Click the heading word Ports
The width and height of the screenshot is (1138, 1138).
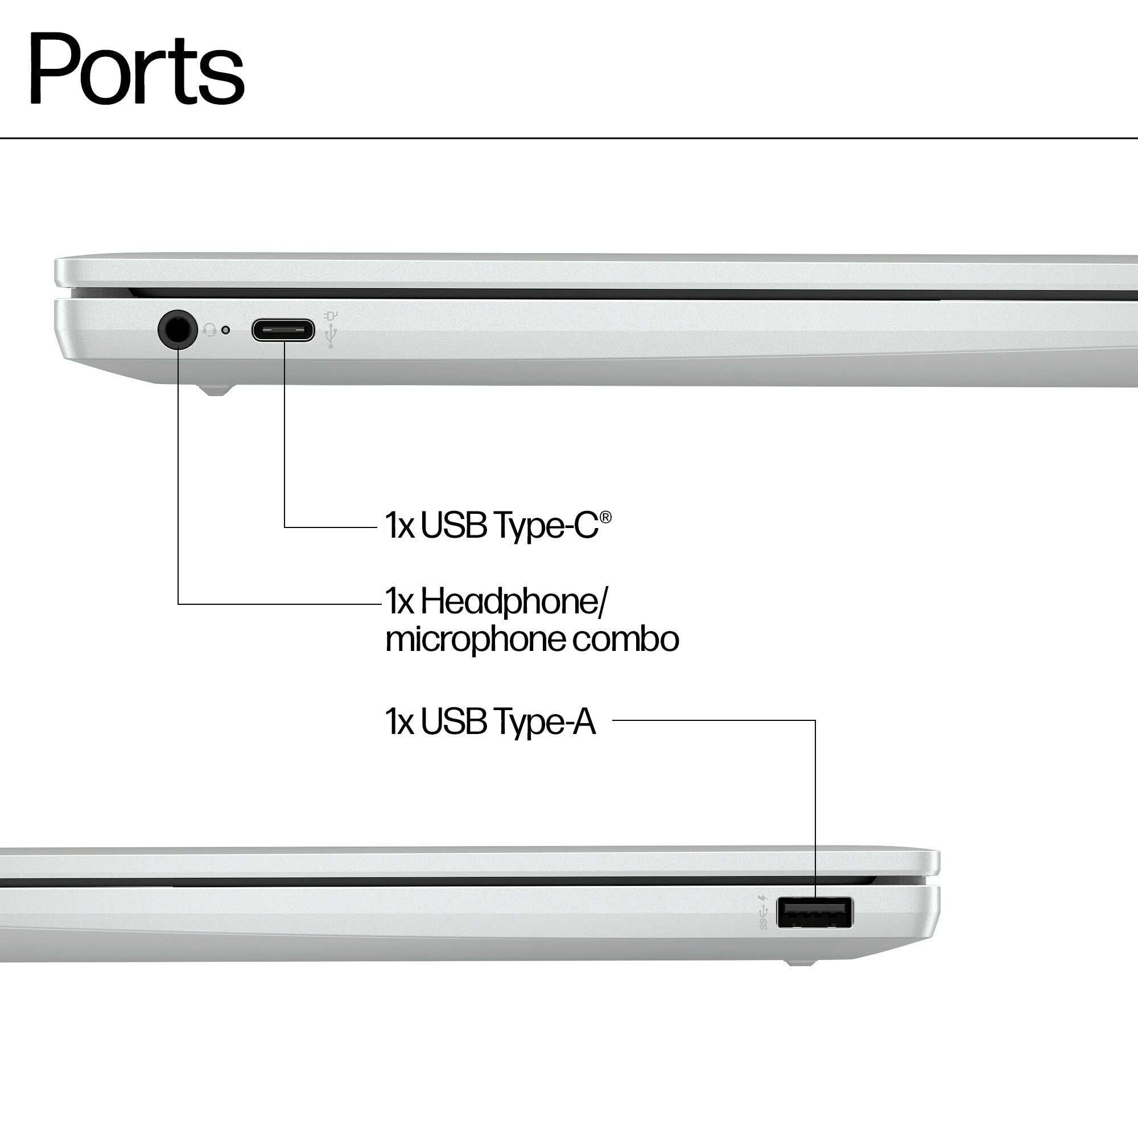pos(136,69)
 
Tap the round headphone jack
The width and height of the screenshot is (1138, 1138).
pos(178,329)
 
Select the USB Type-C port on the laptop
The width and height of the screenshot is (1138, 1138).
pos(283,330)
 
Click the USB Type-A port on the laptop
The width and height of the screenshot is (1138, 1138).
pos(814,913)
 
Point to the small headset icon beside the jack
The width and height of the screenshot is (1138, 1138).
pos(209,330)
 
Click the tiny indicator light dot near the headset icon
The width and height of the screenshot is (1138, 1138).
pos(225,330)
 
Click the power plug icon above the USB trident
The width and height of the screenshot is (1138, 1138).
pos(331,316)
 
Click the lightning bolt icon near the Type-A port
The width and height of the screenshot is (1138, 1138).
pos(764,898)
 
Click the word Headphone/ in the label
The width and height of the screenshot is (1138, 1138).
pos(513,602)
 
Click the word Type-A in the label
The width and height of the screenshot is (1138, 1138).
pos(545,721)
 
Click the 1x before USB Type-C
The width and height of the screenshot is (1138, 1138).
pos(399,525)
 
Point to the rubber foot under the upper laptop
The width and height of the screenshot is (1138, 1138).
pos(216,390)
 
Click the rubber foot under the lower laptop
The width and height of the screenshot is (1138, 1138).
pos(801,963)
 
